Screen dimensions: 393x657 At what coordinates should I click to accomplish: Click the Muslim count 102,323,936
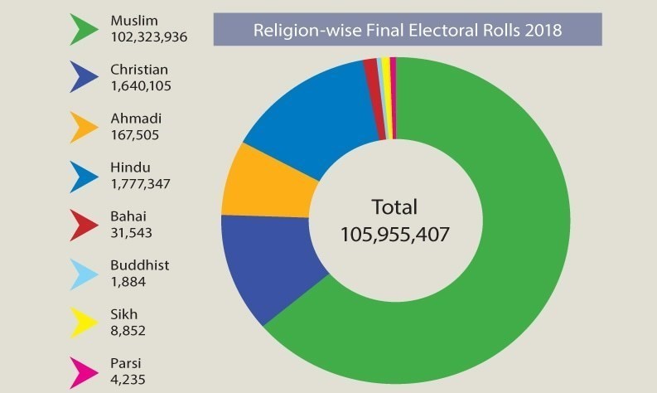(148, 36)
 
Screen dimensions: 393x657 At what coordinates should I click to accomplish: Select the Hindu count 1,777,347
(140, 184)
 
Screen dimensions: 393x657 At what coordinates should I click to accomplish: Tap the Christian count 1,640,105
(140, 85)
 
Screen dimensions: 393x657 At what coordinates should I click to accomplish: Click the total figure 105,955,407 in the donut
(394, 235)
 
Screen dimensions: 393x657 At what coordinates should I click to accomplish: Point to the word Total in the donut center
(394, 207)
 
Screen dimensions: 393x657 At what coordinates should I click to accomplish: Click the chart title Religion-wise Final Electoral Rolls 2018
(407, 32)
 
